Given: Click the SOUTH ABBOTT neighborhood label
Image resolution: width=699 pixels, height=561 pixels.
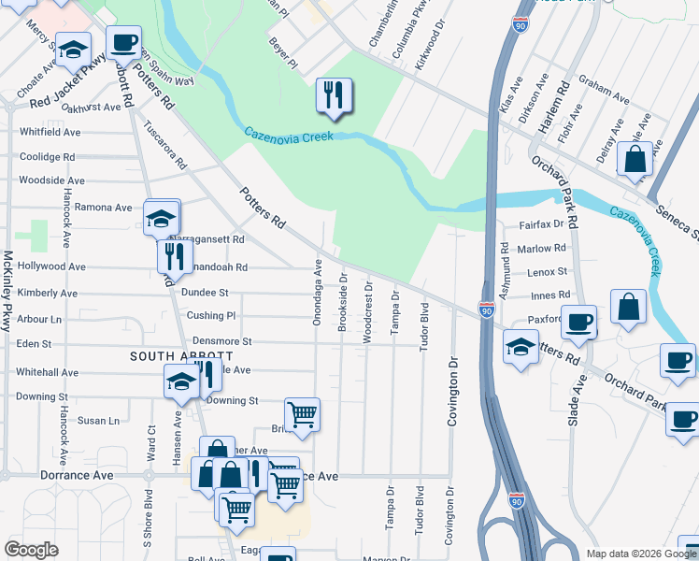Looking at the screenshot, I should [x=181, y=356].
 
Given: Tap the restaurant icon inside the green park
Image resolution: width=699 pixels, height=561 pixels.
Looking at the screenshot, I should [x=334, y=95].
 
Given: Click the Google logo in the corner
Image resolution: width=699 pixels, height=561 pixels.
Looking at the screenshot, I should [x=31, y=550].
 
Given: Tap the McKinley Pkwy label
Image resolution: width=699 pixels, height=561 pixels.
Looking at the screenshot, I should [x=7, y=289].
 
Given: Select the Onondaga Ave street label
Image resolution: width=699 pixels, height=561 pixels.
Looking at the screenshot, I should [x=318, y=280].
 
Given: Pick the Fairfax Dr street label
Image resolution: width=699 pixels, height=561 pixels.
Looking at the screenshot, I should [x=541, y=224].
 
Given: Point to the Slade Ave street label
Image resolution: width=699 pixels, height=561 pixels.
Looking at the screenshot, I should [x=574, y=400].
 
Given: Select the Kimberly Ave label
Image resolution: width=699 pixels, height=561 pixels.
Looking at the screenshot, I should [x=47, y=293].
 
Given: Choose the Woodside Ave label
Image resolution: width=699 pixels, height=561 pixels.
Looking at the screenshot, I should [x=51, y=180].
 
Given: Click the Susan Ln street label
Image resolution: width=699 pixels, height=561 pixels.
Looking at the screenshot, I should [x=98, y=421].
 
